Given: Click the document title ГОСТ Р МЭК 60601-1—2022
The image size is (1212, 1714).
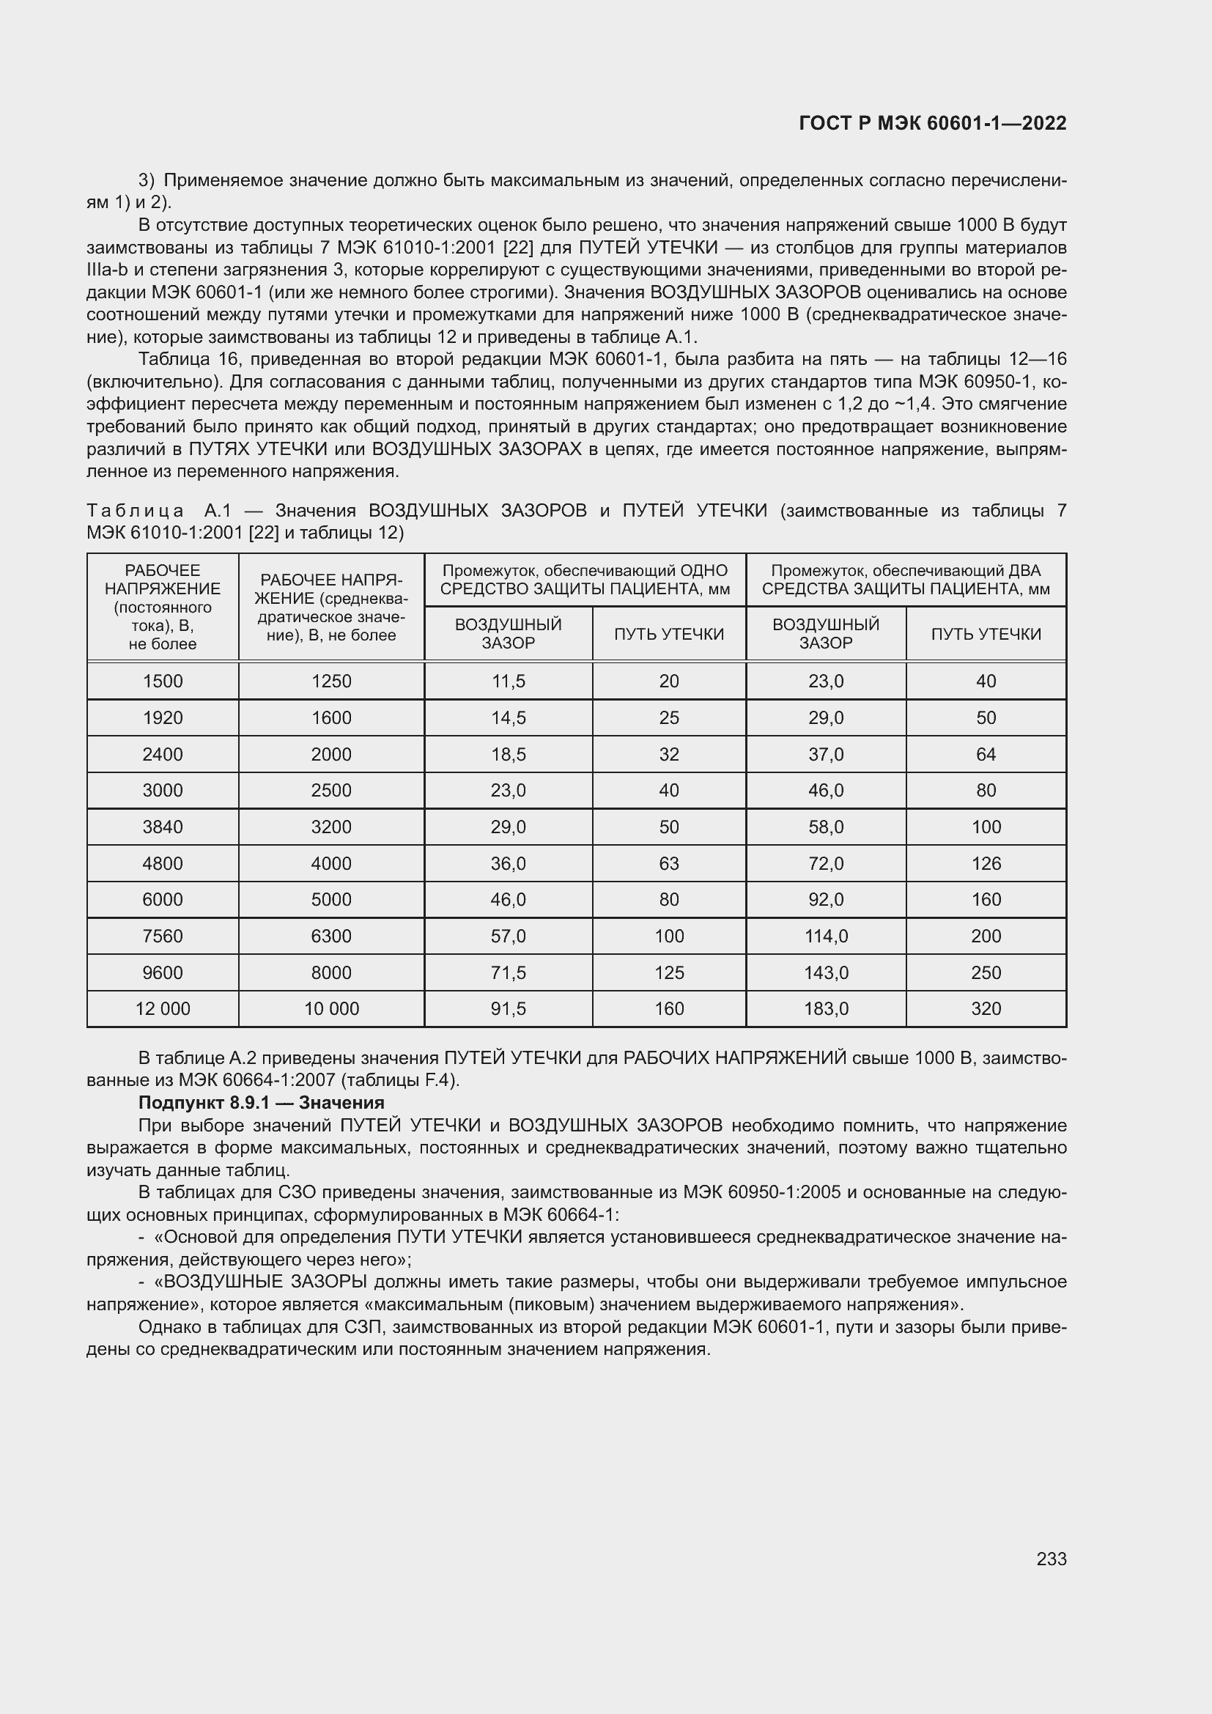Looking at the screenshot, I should [x=932, y=123].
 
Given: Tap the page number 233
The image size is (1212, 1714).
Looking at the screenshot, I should [x=1051, y=1559].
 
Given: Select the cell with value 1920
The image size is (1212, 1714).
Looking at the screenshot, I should [x=163, y=717].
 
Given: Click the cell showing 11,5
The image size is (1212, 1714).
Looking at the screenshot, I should [x=508, y=681].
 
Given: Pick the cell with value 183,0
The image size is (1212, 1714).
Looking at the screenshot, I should [x=825, y=1008].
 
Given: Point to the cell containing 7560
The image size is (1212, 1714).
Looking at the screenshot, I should [x=163, y=936].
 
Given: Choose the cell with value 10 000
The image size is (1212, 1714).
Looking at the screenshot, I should [x=331, y=1008].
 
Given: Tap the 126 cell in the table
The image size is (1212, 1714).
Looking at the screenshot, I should [x=985, y=863].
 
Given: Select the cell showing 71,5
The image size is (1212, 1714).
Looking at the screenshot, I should [x=508, y=972].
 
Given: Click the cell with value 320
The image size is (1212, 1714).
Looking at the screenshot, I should [x=985, y=1008].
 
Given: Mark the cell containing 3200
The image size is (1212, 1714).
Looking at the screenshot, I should [x=331, y=827].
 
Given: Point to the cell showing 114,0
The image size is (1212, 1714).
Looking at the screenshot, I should [x=825, y=936].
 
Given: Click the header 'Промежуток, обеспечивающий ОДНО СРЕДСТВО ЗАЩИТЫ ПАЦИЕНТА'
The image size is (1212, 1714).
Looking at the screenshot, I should [x=584, y=580].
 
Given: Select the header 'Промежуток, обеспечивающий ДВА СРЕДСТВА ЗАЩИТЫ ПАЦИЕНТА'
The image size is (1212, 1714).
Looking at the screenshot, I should [x=905, y=580].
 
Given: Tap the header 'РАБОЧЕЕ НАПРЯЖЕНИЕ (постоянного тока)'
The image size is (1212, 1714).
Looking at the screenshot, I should [x=163, y=607].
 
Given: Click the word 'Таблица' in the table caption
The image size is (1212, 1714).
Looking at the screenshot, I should [x=135, y=511].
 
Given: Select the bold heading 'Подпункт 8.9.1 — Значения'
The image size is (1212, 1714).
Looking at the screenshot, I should [x=261, y=1103].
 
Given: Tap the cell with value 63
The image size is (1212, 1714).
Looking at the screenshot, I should [x=669, y=863].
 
